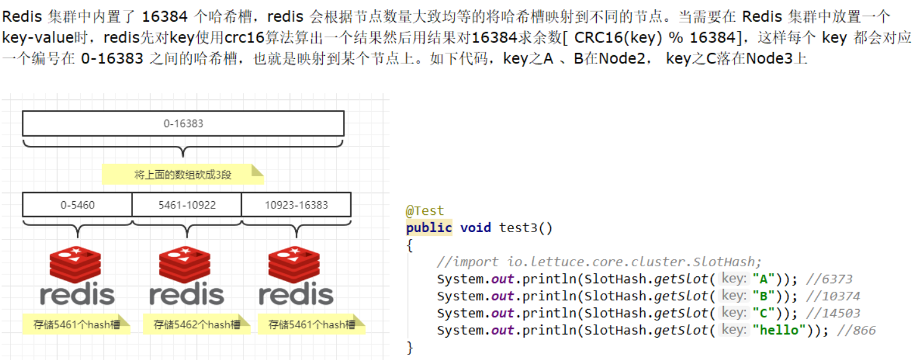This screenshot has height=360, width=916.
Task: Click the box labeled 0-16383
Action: coord(183,124)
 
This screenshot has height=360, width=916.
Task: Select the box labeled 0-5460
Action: coord(78,205)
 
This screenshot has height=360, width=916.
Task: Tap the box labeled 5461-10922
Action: coord(187,205)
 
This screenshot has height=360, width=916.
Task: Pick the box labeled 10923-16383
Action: coord(296,205)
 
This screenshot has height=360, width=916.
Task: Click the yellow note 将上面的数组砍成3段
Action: coord(183,174)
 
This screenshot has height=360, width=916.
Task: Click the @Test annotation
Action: coord(425,211)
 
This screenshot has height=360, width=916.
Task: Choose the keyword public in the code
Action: coord(429,228)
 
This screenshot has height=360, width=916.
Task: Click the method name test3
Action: coord(519,228)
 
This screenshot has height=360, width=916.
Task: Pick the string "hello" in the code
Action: coord(776,330)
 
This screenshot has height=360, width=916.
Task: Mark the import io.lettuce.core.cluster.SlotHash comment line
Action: coord(599,262)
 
